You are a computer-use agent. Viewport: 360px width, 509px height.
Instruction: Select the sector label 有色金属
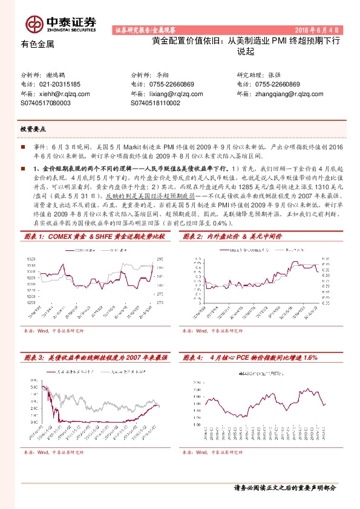38,44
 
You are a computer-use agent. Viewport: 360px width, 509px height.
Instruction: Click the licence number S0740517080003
45,103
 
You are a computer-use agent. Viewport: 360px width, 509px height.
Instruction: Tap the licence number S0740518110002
155,103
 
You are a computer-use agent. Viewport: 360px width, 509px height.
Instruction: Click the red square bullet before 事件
23,146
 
